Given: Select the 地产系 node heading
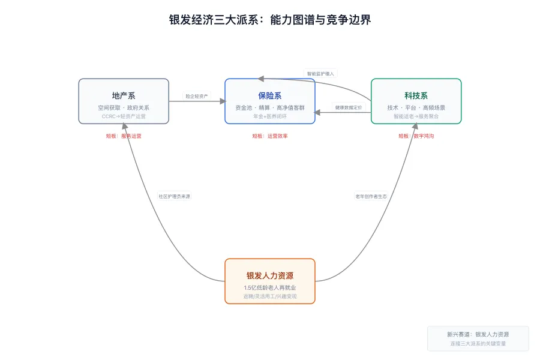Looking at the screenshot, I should (x=124, y=95).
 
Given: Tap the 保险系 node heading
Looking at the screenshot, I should (x=270, y=95).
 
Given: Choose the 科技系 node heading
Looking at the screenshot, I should (x=416, y=95).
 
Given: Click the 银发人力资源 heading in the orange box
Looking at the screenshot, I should (x=270, y=275).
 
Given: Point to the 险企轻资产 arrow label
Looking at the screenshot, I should (x=197, y=96).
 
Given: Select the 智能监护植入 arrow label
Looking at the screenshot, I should (x=320, y=74).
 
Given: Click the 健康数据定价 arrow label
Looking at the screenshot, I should (x=349, y=107).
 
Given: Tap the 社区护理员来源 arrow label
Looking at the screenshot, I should (x=175, y=196).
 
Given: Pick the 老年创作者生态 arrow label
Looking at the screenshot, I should (x=371, y=196).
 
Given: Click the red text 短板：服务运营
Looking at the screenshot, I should (x=124, y=136).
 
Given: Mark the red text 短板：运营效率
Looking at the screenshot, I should (x=270, y=136).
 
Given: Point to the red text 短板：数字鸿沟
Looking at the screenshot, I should (x=416, y=136).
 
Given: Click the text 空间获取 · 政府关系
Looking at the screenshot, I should (x=124, y=107).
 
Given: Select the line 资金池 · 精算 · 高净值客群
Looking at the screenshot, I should (x=270, y=107).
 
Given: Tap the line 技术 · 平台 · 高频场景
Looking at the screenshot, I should (x=416, y=107).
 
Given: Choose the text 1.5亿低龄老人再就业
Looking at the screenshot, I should (x=270, y=288).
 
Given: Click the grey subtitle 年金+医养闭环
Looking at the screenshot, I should (x=270, y=116).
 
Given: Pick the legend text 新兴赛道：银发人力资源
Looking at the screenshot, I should (x=478, y=334).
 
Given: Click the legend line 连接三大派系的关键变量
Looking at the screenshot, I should (x=478, y=344).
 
